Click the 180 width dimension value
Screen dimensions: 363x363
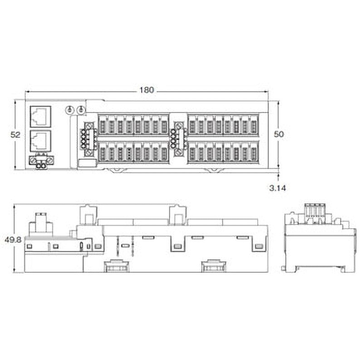click(x=147, y=90)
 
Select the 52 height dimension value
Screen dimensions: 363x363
click(x=15, y=135)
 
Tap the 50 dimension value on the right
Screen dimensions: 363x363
click(x=279, y=134)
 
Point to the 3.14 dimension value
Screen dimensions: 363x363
click(x=278, y=188)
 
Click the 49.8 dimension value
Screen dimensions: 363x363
click(x=13, y=240)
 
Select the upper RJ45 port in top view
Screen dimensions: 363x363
click(x=40, y=117)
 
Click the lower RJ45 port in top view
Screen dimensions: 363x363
click(x=40, y=141)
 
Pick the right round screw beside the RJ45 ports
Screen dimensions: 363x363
click(x=80, y=110)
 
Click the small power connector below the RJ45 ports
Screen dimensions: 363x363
click(x=41, y=162)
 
